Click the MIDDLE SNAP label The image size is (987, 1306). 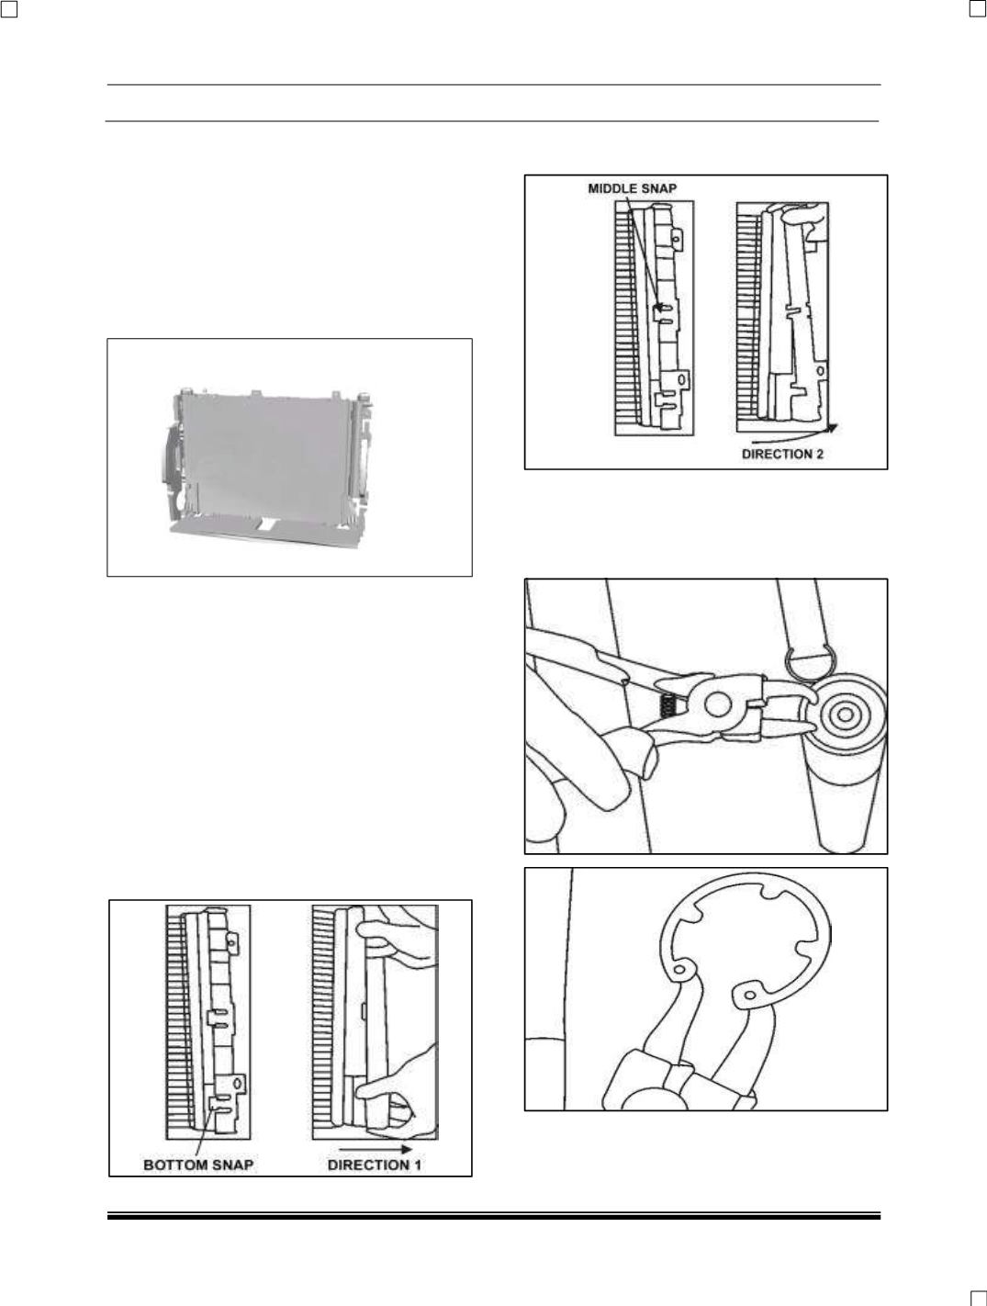(x=632, y=188)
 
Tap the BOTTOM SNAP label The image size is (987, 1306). (x=198, y=1165)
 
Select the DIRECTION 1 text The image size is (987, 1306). (x=374, y=1165)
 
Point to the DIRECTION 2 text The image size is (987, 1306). (x=782, y=454)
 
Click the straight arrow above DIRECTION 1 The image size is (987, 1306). (x=376, y=1149)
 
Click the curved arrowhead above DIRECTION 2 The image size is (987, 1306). (x=834, y=427)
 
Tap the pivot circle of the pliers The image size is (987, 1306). (x=717, y=704)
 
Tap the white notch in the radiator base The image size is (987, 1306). (x=269, y=524)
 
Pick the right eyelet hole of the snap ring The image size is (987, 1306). (x=749, y=994)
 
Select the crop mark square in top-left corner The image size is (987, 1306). (x=9, y=9)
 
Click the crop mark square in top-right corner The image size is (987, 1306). (x=978, y=9)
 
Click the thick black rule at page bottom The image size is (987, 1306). (x=494, y=1217)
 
